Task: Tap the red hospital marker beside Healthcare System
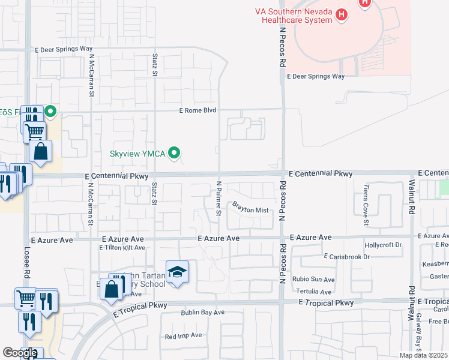pyautogui.click(x=342, y=14)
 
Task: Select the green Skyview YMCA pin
pyautogui.click(x=175, y=154)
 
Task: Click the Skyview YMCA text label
pyautogui.click(x=137, y=154)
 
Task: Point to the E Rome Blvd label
pyautogui.click(x=197, y=110)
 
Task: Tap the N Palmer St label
pyautogui.click(x=219, y=196)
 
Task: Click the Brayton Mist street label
pyautogui.click(x=250, y=209)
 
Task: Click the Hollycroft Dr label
pyautogui.click(x=383, y=245)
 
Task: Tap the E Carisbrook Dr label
pyautogui.click(x=347, y=257)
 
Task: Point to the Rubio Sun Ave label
pyautogui.click(x=314, y=280)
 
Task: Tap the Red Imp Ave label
pyautogui.click(x=183, y=337)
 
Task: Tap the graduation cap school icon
pyautogui.click(x=177, y=272)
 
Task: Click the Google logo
pyautogui.click(x=19, y=353)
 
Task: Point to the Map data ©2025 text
pyautogui.click(x=423, y=355)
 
